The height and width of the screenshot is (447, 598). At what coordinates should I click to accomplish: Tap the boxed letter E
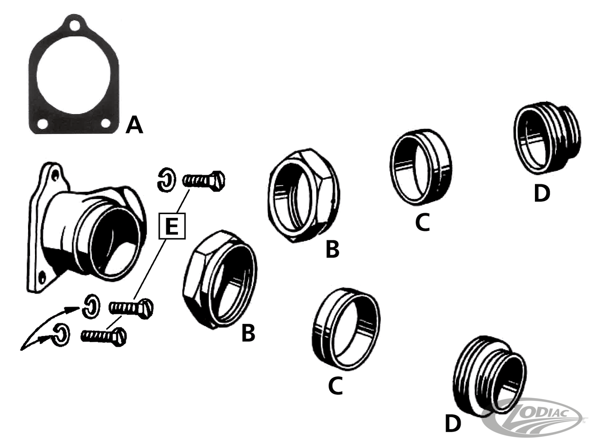(x=172, y=226)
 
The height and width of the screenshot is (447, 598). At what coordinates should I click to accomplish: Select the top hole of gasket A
(x=74, y=26)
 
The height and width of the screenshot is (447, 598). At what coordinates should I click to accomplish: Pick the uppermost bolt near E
(x=204, y=181)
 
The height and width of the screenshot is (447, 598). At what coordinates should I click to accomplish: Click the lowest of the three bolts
(x=104, y=336)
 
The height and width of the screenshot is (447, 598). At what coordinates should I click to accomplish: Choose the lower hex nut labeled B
(x=220, y=279)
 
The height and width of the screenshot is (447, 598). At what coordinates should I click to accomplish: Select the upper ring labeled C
(x=420, y=167)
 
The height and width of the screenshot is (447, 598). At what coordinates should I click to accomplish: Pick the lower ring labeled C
(x=346, y=329)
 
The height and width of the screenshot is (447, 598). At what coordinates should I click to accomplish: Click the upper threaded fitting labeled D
(x=547, y=138)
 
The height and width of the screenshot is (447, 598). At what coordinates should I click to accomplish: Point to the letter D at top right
(x=542, y=194)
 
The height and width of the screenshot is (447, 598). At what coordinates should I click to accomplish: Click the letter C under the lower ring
(x=335, y=385)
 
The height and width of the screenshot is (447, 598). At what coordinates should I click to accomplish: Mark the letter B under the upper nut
(x=333, y=249)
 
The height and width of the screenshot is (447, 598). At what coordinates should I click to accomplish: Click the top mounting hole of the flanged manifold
(x=56, y=175)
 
